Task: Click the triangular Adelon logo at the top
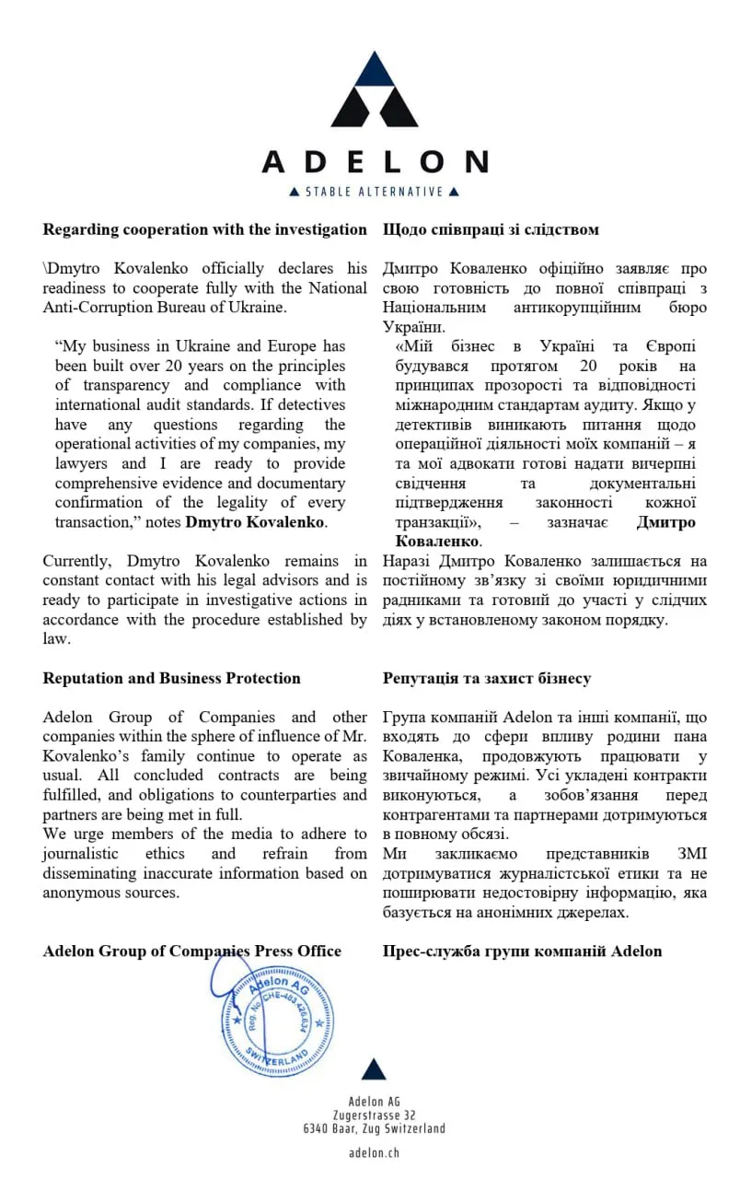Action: [x=374, y=92]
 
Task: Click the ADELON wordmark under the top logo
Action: [x=374, y=162]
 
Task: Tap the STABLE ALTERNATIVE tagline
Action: [x=374, y=192]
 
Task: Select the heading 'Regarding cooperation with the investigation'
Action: [x=204, y=229]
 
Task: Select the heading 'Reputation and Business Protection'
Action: [x=171, y=678]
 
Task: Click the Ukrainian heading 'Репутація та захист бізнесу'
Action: [x=487, y=678]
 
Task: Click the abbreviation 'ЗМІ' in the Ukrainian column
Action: [x=691, y=854]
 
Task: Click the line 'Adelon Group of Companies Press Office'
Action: [x=191, y=951]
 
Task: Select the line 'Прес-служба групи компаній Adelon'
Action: [x=522, y=951]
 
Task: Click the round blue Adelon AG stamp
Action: [x=277, y=1017]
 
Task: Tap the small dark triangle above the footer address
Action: [x=374, y=1069]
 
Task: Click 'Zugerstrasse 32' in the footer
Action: [x=374, y=1115]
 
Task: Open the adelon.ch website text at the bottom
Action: [x=374, y=1152]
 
